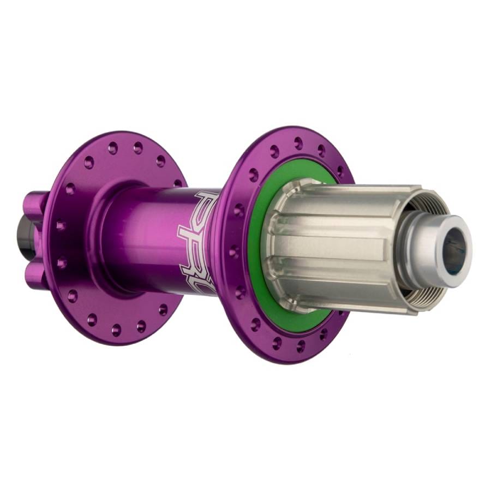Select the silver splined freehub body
coord(338,245)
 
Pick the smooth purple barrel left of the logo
coord(147,235)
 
